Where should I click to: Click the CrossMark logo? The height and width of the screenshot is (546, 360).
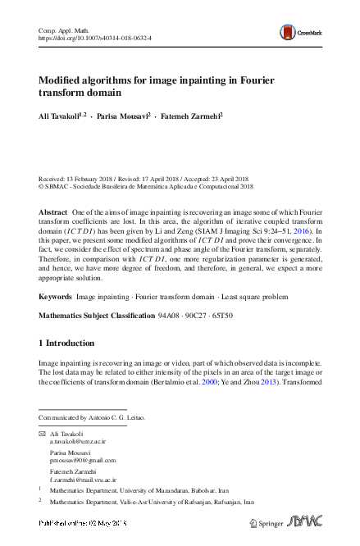299,32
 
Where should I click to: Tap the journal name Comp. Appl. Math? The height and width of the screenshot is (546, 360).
62,30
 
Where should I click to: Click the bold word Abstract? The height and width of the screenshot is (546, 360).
53,212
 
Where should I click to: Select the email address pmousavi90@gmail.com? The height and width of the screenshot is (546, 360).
83,461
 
